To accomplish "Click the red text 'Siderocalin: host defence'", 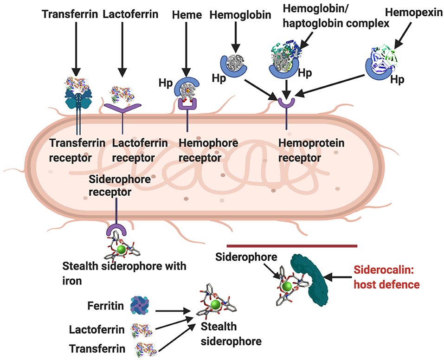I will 386,277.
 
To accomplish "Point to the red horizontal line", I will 292,245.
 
